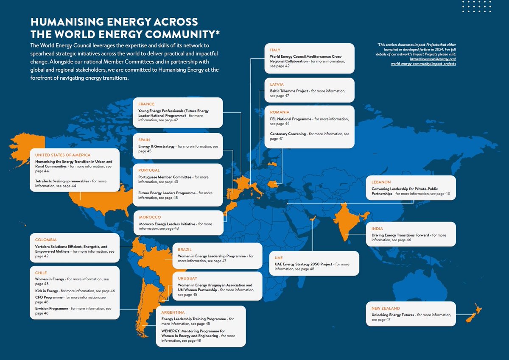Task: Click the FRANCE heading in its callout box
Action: coord(146,104)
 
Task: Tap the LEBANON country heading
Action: coord(381,182)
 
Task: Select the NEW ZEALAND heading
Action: coord(386,308)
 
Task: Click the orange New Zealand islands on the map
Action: coord(472,315)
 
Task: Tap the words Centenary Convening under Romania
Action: coord(288,134)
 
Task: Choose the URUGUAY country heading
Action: coord(188,278)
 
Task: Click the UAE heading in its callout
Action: coord(279,257)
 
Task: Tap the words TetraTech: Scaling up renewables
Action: coord(62,181)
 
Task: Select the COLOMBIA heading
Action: coord(46,240)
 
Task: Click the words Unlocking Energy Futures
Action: coord(393,315)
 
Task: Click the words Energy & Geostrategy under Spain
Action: coord(157,146)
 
